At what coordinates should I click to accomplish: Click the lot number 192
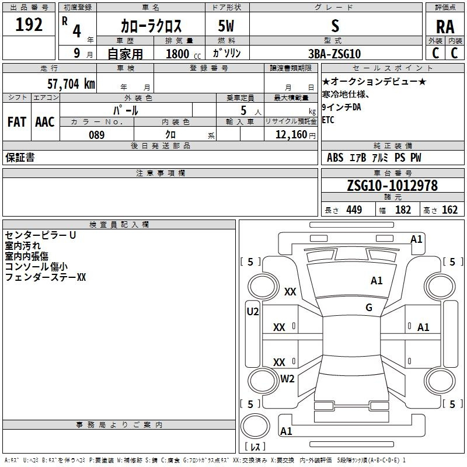(x=29, y=25)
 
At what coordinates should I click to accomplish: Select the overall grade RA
(x=445, y=27)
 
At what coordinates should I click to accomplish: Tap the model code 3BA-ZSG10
(x=334, y=53)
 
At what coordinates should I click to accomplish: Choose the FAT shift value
(x=16, y=121)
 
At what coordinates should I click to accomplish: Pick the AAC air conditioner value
(x=44, y=121)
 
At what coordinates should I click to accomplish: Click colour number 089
(x=96, y=135)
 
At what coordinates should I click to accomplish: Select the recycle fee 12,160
(x=290, y=135)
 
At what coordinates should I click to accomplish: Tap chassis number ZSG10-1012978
(x=392, y=186)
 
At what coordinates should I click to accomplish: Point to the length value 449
(x=354, y=210)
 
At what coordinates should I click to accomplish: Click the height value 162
(x=450, y=210)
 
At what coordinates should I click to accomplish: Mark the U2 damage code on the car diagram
(x=252, y=312)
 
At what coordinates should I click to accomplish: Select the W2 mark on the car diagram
(x=287, y=379)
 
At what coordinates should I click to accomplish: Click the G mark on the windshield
(x=369, y=308)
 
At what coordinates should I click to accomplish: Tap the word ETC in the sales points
(x=329, y=121)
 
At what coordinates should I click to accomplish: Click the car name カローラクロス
(x=151, y=26)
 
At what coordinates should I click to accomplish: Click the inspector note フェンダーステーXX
(x=46, y=278)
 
